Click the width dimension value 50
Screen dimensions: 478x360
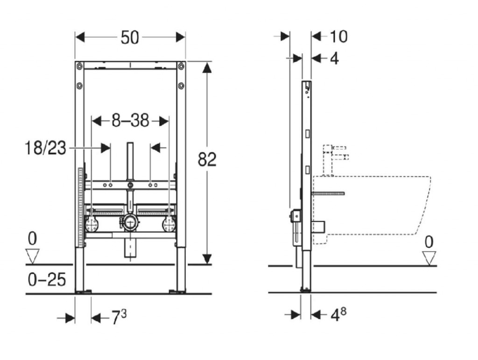(130, 38)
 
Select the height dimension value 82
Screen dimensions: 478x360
(207, 159)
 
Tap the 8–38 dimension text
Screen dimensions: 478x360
(130, 121)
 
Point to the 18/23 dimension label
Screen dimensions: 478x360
(45, 148)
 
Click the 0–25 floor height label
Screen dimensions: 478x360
(47, 280)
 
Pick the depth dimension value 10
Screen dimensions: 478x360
(339, 36)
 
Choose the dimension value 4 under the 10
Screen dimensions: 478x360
(334, 58)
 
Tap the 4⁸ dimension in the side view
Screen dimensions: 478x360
(338, 315)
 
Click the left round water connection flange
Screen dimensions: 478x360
(91, 225)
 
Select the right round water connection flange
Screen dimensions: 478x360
(169, 225)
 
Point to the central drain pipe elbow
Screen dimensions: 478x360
(130, 222)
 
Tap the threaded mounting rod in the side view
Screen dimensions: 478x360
(328, 194)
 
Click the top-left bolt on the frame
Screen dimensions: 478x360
(79, 66)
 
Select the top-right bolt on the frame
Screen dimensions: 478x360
(181, 66)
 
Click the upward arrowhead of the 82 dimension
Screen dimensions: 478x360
(207, 67)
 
